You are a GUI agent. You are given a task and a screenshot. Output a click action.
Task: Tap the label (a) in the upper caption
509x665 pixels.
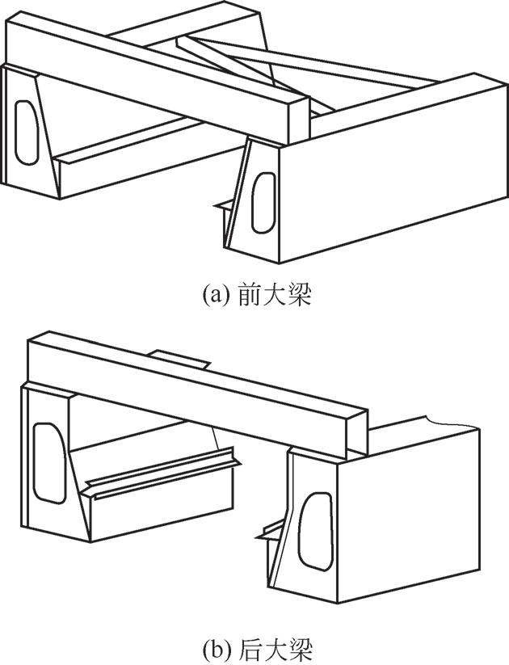pyautogui.click(x=217, y=296)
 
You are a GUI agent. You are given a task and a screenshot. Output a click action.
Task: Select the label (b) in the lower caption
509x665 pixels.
pyautogui.click(x=217, y=647)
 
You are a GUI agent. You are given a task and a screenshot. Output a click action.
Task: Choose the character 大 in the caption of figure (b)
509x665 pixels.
pyautogui.click(x=276, y=646)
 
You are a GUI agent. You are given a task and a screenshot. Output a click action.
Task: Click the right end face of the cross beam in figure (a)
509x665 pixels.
pyautogui.click(x=299, y=120)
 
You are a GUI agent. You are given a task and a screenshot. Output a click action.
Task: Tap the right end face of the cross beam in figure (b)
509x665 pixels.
pyautogui.click(x=358, y=434)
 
